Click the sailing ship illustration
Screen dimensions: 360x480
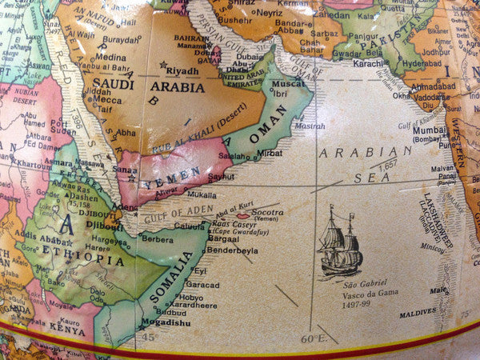pos(339,242)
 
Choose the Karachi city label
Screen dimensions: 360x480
pos(369,62)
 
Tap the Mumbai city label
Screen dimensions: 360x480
pos(429,129)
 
